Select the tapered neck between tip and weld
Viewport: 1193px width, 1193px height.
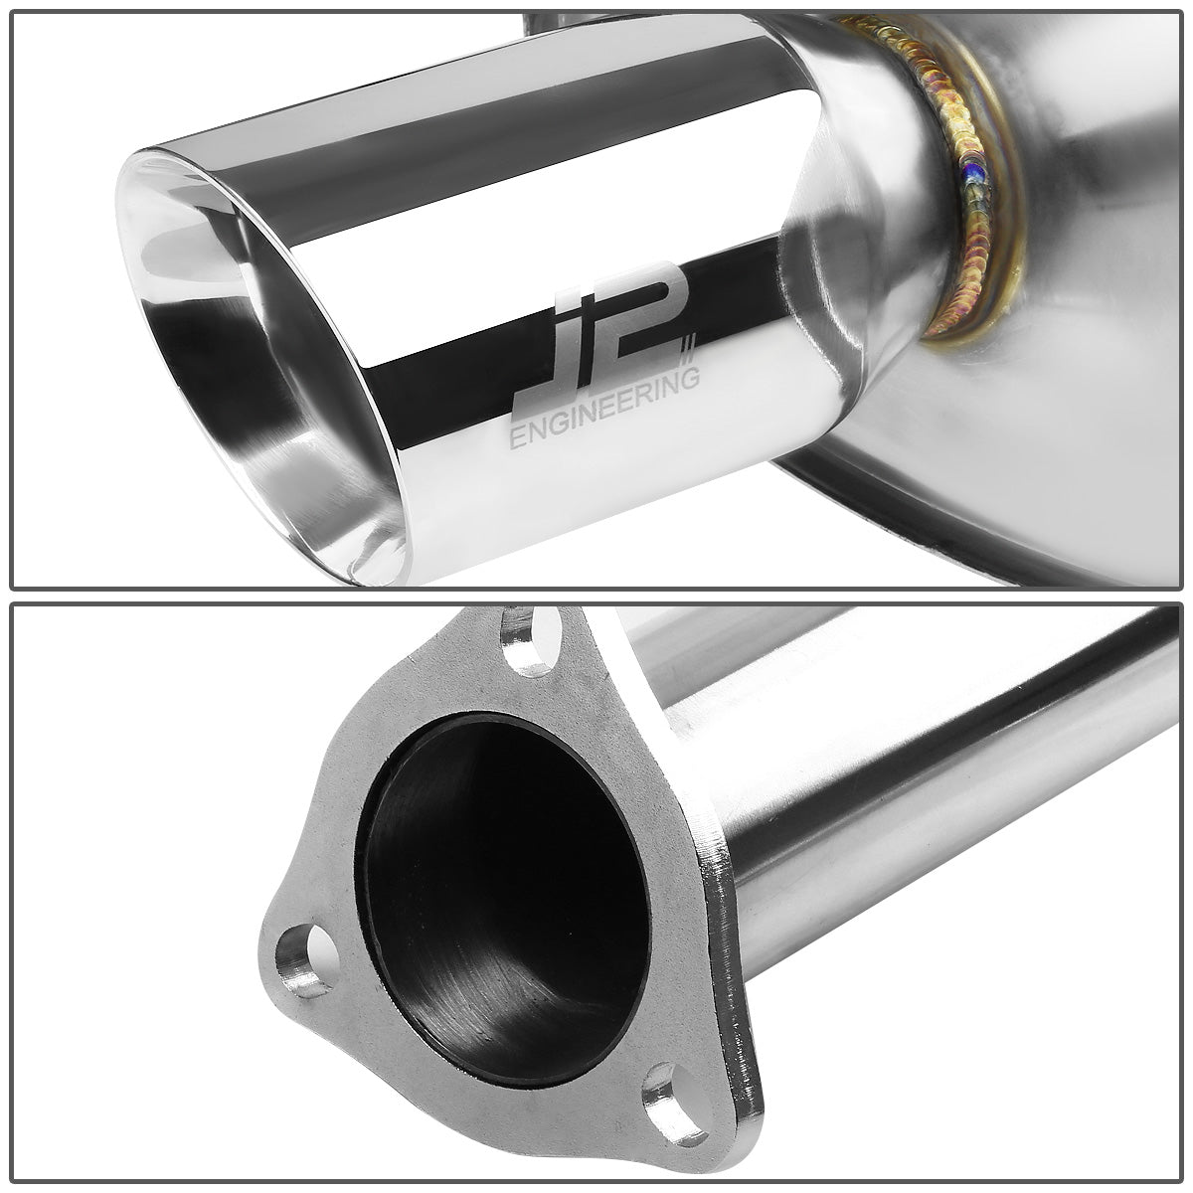click(x=875, y=199)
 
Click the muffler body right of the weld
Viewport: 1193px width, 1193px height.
click(x=1094, y=249)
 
